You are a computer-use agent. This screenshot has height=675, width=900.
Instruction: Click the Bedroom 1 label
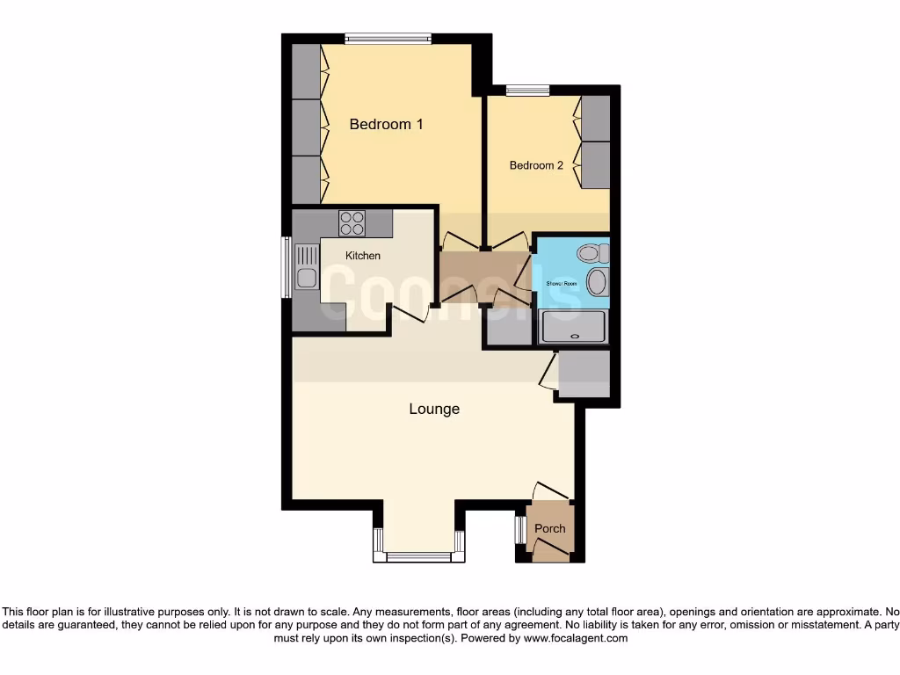tap(386, 124)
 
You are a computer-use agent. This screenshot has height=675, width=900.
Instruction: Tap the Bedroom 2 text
tap(536, 165)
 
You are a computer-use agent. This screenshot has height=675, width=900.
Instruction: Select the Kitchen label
tap(363, 256)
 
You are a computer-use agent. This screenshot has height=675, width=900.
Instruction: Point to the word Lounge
tap(434, 409)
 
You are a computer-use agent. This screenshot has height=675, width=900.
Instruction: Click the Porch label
tap(550, 528)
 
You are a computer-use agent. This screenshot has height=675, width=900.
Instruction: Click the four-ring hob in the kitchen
tap(352, 223)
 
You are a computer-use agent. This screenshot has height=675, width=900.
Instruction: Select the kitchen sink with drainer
tap(306, 267)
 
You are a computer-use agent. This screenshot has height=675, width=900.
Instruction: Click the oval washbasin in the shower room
tap(596, 283)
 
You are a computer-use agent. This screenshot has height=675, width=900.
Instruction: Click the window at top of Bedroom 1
tap(388, 38)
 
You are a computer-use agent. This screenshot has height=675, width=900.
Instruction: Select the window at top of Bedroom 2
tap(527, 89)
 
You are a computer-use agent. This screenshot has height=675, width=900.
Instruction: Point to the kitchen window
tap(286, 267)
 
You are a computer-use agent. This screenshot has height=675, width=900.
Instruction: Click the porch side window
tap(519, 530)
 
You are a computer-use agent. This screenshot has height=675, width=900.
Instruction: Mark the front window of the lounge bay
tap(418, 555)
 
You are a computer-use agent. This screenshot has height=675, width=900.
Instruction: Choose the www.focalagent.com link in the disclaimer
tap(575, 639)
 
